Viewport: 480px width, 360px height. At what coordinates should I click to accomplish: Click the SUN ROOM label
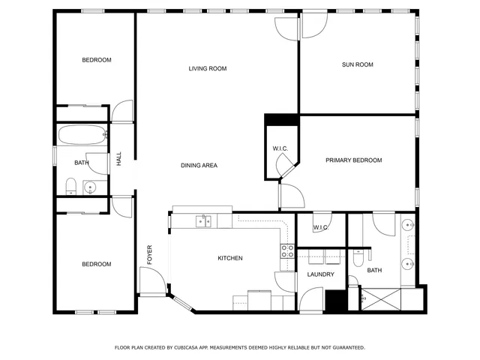coord(357,64)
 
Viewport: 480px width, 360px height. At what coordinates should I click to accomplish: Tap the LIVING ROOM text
coord(207,69)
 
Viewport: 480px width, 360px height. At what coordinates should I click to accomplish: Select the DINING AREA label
coord(199,165)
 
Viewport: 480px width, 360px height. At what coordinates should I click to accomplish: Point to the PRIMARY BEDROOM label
coord(353,160)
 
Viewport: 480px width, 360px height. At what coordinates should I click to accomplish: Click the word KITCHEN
coord(229,258)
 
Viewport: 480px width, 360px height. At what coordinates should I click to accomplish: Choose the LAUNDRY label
coord(320,274)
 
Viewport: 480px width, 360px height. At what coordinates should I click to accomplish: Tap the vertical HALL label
coord(118,160)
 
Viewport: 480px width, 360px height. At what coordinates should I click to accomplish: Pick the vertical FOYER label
coord(149,254)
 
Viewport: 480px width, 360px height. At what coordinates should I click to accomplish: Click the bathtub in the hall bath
coord(82,136)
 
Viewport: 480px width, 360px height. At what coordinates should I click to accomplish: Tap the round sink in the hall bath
coord(91,187)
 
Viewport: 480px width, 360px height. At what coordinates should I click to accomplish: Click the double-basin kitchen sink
coord(203,220)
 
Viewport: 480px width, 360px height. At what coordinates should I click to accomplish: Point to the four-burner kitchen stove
coord(287,251)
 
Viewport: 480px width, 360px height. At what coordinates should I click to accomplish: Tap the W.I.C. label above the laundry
coord(320,227)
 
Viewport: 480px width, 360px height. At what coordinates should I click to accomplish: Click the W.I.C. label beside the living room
coord(280,148)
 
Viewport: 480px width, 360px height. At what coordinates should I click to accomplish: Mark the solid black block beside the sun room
coord(281,119)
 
